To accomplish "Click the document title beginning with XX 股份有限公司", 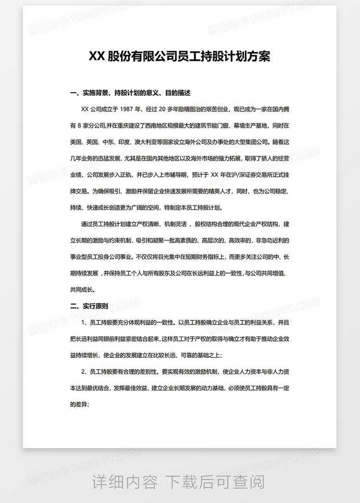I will (180, 56).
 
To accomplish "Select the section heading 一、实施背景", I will (130, 93).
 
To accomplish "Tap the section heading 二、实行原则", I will (89, 305).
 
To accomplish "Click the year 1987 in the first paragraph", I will (128, 109).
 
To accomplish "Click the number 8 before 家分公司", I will (81, 126).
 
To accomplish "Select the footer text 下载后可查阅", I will (216, 482).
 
